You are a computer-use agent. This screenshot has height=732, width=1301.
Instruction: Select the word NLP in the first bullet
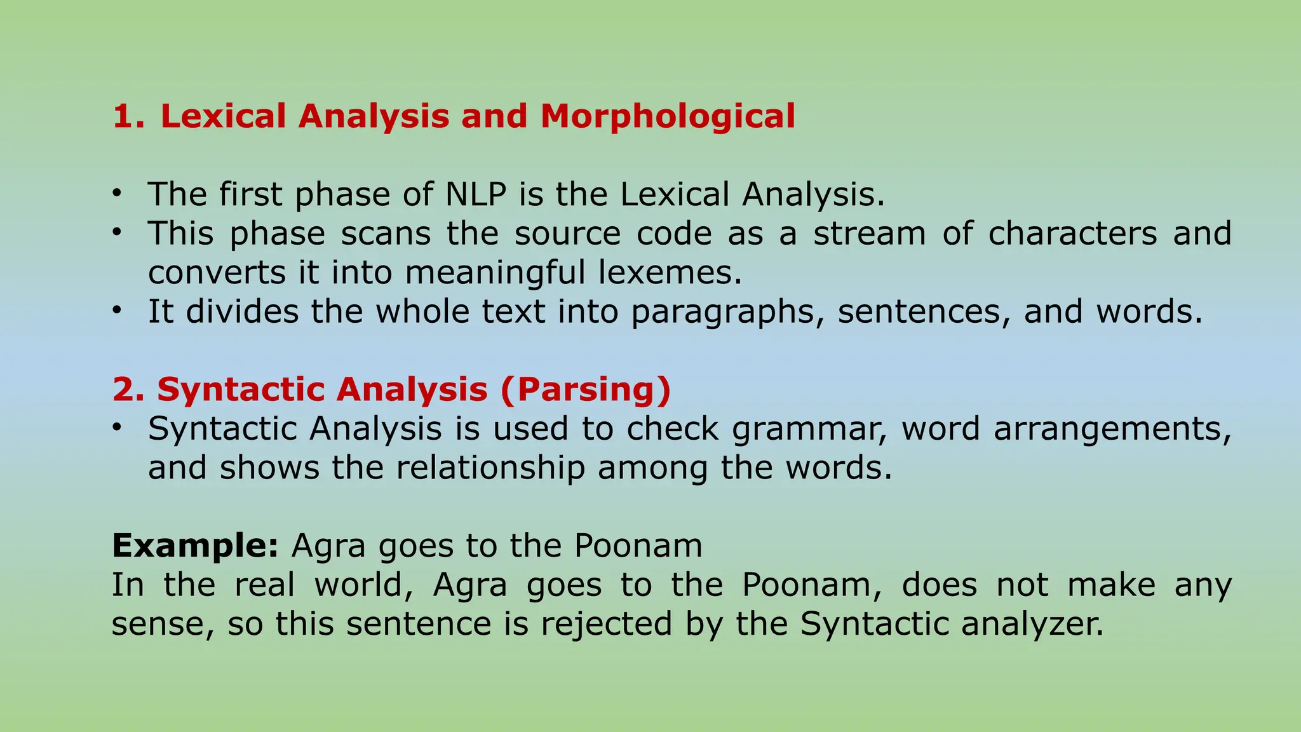[476, 194]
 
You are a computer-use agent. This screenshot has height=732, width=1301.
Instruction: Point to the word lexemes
[670, 273]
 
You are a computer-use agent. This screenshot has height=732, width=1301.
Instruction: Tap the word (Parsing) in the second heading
[585, 390]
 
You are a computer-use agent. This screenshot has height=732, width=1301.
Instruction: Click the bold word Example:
[195, 546]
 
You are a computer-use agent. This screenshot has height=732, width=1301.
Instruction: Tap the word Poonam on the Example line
[638, 546]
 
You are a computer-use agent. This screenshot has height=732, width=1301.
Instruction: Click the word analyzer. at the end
[1033, 623]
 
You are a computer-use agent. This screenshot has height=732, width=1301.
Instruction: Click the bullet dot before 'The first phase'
[116, 193]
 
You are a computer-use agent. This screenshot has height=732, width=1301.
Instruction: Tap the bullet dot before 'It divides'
[116, 310]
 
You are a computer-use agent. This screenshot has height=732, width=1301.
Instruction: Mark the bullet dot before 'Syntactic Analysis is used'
[116, 427]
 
